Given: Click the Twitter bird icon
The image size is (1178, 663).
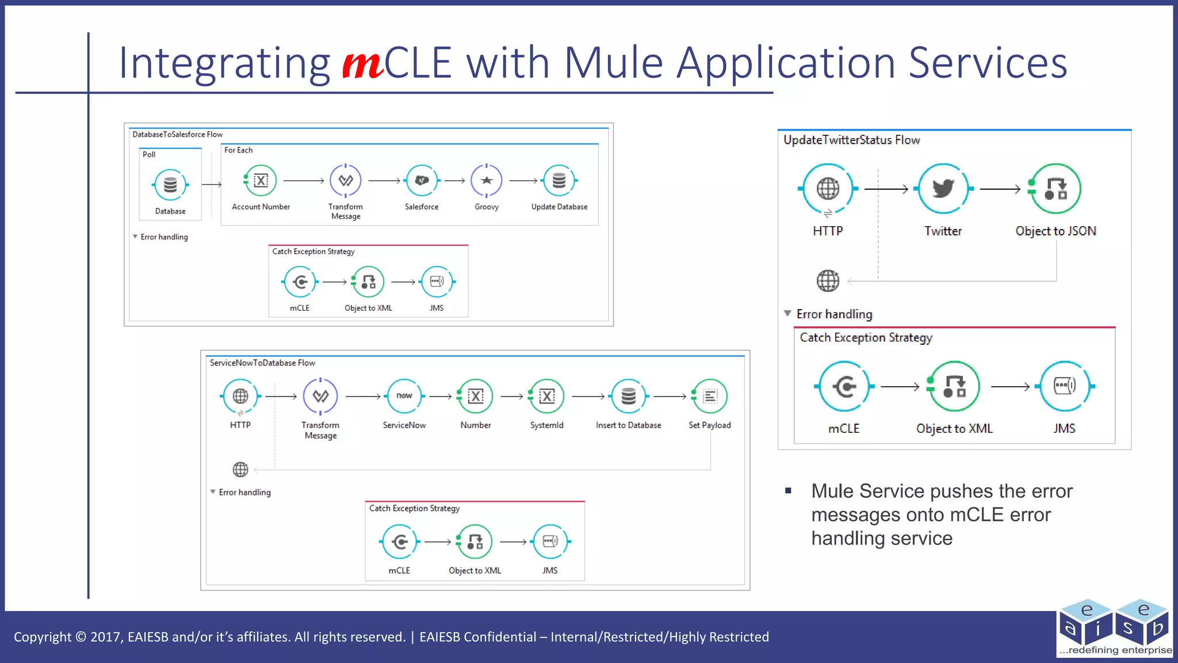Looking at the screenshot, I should tap(943, 189).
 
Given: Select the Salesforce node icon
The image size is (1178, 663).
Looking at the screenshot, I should tap(422, 181).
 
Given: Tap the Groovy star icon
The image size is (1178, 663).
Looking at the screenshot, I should tap(487, 181).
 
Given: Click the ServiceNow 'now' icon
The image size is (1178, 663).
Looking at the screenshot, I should tap(404, 396).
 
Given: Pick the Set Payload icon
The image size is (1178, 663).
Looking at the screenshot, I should tap(710, 396).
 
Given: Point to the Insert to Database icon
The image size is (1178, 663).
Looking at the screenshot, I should tap(629, 396).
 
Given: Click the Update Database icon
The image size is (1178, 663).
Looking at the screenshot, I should tap(559, 181).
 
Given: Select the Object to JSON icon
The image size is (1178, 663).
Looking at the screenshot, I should tap(1055, 189).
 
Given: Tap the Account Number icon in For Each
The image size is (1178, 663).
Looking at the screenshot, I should tap(261, 181).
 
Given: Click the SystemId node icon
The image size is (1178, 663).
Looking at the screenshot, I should tap(546, 396).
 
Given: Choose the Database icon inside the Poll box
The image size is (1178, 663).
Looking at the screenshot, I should tap(170, 185).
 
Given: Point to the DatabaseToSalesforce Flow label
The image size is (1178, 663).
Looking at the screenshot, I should tap(177, 135).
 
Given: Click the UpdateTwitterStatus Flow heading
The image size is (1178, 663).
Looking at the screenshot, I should tap(851, 140).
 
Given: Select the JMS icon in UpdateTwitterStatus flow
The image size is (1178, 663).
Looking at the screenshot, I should tap(1064, 386).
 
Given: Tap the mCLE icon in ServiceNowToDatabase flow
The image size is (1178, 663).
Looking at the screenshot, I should tap(399, 542).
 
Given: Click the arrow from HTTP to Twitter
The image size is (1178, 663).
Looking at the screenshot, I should tap(886, 189).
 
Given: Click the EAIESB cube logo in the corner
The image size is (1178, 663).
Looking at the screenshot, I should tap(1114, 627).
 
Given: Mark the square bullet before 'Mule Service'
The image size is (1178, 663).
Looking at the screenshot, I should tap(789, 491).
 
